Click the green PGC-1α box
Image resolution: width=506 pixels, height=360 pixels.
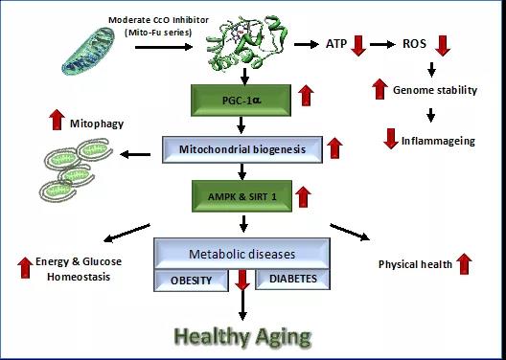pos(241,101)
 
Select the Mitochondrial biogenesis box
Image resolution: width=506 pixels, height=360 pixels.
pos(242,149)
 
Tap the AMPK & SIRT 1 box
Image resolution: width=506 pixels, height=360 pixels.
pos(242,196)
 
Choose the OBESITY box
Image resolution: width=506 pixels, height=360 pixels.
pos(191,281)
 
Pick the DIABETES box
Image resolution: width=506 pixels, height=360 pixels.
pos(292,280)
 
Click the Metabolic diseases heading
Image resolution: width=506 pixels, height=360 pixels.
pos(242,254)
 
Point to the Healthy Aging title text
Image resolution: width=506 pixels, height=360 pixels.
pos(242,337)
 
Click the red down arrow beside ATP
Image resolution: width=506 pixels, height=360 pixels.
pos(358,46)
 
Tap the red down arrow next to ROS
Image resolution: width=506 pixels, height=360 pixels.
pos(443,46)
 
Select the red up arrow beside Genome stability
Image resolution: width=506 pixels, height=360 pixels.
pos(379,89)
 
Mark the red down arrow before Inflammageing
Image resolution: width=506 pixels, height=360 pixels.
pos(391,139)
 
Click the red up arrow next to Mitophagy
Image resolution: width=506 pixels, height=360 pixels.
pos(57,120)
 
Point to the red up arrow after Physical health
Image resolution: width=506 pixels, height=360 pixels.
pos(464,264)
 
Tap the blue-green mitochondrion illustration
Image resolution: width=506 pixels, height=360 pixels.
pos(88,52)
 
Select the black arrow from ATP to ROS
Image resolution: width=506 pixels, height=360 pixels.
pos(382,44)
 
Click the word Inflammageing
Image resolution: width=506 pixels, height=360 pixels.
pos(438,141)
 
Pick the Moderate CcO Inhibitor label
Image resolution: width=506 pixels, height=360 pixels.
pos(158,20)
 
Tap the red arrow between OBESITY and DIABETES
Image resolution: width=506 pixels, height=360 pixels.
pos(242,281)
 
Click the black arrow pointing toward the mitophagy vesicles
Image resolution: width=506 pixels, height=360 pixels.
pos(135,155)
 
